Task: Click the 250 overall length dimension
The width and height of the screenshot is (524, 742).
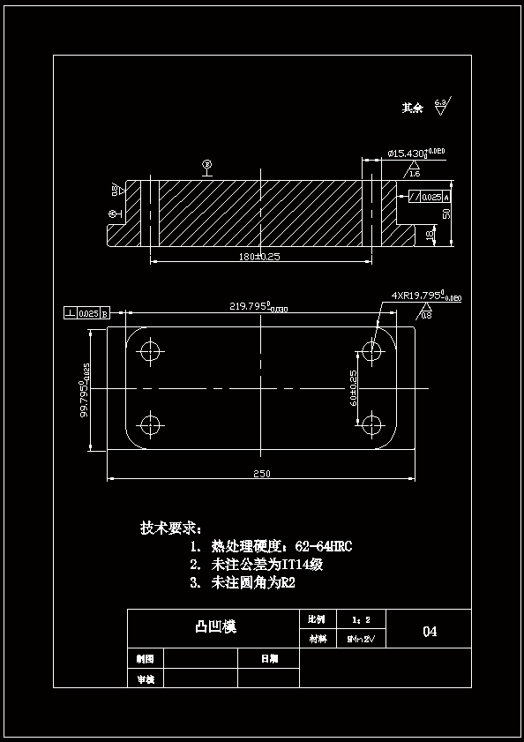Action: click(261, 474)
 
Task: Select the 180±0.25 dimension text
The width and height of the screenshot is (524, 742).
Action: click(259, 256)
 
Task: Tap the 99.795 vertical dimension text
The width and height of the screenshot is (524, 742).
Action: click(85, 390)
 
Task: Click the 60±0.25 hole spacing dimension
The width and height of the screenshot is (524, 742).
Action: click(353, 387)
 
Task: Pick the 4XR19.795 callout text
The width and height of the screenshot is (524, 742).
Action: click(426, 296)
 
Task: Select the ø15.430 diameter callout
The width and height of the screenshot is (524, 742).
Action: click(415, 154)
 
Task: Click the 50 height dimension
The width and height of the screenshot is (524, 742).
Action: click(446, 214)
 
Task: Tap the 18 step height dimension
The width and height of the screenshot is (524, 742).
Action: click(430, 235)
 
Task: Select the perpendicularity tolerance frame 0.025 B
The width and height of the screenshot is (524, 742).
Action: click(86, 313)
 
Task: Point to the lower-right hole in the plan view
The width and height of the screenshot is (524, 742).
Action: click(372, 424)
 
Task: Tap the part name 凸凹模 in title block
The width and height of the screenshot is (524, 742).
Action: click(214, 627)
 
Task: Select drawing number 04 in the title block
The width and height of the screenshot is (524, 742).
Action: click(430, 631)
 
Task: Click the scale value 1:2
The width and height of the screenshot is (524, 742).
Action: click(361, 619)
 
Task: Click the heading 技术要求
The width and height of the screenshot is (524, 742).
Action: click(170, 528)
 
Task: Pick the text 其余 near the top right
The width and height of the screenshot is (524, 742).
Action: click(412, 108)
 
